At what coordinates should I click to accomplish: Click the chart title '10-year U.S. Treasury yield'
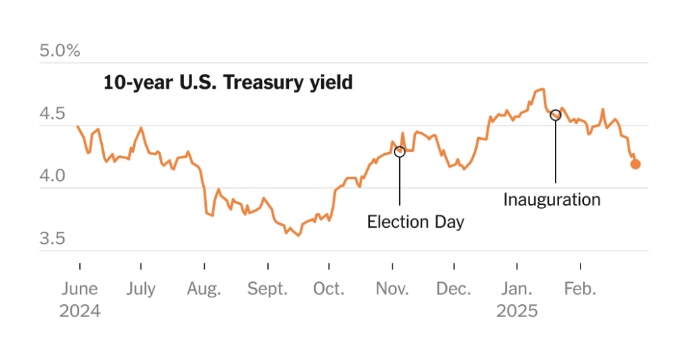click(x=228, y=83)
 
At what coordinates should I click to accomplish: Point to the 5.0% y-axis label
click(x=60, y=51)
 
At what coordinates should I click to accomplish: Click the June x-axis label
click(x=79, y=289)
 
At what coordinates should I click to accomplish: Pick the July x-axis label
click(x=140, y=289)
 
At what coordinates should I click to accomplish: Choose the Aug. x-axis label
click(x=204, y=289)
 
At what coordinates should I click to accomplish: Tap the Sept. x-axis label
click(x=267, y=289)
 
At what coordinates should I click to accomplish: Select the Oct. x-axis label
click(x=329, y=289)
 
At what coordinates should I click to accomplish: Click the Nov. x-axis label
click(x=392, y=289)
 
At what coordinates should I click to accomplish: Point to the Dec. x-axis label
click(x=454, y=289)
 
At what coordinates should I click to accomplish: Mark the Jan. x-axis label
click(x=517, y=289)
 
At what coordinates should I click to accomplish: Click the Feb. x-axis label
click(x=580, y=289)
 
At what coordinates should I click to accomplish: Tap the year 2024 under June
click(x=79, y=312)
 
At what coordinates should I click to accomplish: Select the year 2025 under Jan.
click(x=517, y=312)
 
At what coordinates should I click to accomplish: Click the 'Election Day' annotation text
click(x=415, y=222)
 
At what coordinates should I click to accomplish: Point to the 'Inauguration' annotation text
click(x=552, y=199)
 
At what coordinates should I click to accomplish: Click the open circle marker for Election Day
click(x=400, y=152)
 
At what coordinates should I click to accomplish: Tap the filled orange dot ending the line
click(x=636, y=164)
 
